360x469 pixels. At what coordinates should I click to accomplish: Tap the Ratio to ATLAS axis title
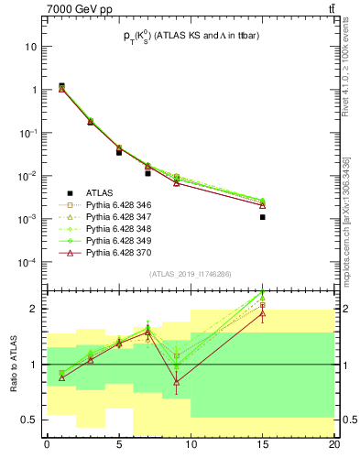click(x=11, y=364)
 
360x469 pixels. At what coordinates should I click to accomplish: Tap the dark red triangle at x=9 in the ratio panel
click(x=176, y=381)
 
